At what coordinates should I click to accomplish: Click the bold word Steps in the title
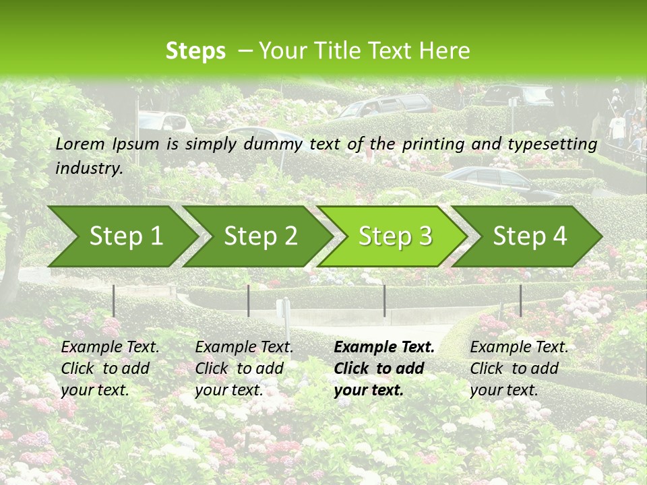pyautogui.click(x=195, y=51)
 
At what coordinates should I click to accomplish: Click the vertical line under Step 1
pyautogui.click(x=114, y=300)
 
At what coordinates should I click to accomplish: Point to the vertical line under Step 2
pyautogui.click(x=249, y=300)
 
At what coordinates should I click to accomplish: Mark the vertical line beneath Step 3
pyautogui.click(x=385, y=300)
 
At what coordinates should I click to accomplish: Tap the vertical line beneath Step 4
pyautogui.click(x=520, y=300)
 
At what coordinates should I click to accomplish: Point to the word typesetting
pyautogui.click(x=557, y=143)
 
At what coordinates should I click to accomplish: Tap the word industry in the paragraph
pyautogui.click(x=89, y=168)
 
